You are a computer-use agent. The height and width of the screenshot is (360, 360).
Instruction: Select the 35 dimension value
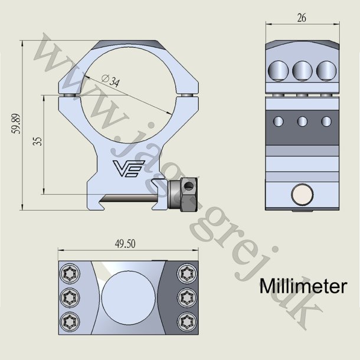tap(38, 142)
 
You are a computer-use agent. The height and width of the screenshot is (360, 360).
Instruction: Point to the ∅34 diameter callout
tap(110, 81)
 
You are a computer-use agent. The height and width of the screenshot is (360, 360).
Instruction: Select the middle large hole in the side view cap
tap(303, 71)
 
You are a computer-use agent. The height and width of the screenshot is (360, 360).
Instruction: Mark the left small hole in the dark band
tap(279, 122)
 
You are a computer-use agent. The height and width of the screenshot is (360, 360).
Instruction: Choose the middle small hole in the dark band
tap(303, 122)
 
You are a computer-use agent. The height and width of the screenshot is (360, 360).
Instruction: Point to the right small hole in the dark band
tap(326, 122)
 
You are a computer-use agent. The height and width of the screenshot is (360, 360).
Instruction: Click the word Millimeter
tap(302, 287)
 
